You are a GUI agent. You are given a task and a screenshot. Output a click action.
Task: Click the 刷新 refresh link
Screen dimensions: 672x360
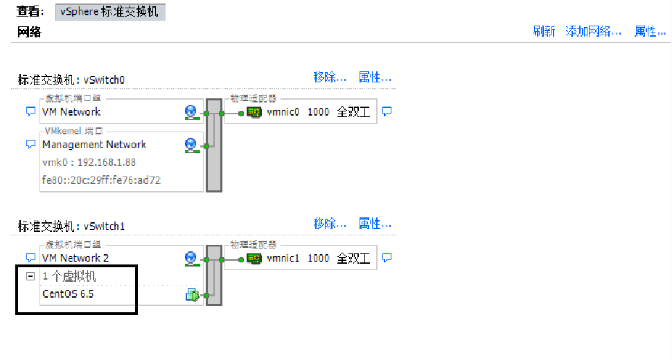coord(544,32)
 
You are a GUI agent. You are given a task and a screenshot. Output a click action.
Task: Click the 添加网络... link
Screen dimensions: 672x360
coord(593,32)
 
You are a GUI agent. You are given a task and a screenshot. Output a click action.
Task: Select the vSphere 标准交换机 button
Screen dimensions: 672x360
coord(110,12)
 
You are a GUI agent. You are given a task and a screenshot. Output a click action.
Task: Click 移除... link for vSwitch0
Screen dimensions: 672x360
coord(330,78)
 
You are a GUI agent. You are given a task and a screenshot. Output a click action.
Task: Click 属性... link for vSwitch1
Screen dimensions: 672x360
coord(375,224)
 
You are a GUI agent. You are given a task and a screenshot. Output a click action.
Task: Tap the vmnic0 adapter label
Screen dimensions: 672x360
coord(283,112)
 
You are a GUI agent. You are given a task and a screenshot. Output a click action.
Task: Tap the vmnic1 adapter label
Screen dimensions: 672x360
coord(283,258)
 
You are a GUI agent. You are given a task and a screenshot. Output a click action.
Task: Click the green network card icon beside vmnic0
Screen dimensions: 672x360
coord(254,112)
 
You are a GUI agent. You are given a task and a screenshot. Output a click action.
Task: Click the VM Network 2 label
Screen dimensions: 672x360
coord(76,258)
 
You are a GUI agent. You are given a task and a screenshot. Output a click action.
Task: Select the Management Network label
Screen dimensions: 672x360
coord(94,145)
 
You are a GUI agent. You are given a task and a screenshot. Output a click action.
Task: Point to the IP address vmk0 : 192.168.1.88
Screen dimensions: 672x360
coord(89,163)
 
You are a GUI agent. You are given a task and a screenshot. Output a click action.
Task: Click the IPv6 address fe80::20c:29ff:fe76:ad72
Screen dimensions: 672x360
coord(102,181)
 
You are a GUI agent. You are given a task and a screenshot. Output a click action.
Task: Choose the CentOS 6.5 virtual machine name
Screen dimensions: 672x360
coord(68,294)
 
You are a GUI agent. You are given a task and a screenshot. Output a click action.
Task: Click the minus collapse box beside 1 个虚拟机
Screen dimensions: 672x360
coord(30,276)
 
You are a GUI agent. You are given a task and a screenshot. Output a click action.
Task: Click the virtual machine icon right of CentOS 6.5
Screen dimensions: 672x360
coord(192,296)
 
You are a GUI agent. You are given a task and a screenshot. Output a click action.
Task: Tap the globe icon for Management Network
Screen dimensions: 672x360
coord(191,145)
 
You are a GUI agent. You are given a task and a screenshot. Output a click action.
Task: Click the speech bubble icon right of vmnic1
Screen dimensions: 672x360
coord(387,258)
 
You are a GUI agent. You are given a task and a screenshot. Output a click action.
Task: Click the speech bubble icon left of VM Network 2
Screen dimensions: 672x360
coord(30,258)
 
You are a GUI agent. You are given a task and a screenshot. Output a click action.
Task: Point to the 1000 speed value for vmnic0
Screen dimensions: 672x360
coord(319,112)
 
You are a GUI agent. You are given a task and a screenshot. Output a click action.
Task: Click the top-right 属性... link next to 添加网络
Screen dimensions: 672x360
coord(650,32)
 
